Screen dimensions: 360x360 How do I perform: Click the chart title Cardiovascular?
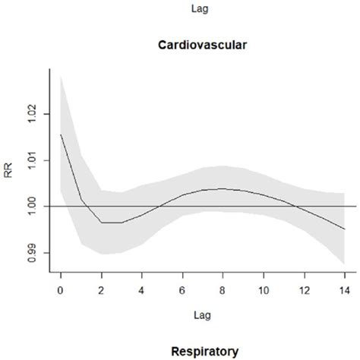203,45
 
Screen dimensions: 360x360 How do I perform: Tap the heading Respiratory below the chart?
205,352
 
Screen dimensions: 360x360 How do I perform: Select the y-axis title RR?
8,170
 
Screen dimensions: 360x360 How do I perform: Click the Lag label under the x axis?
202,316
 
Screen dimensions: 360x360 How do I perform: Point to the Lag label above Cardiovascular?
200,9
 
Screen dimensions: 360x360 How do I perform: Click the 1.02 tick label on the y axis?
32,114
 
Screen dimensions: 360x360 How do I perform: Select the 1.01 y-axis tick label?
32,160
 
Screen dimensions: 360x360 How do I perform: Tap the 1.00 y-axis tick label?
32,207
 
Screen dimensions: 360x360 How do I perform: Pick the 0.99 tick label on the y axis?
32,253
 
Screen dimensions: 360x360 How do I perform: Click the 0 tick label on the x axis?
60,290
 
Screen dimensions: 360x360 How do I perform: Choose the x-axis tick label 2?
101,290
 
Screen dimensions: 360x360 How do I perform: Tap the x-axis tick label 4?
141,290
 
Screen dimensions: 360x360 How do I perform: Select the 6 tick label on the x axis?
182,290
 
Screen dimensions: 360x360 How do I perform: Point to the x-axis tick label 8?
223,290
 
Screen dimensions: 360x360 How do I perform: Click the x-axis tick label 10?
264,290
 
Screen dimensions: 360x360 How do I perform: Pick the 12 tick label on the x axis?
305,290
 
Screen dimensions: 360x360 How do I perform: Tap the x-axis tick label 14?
345,290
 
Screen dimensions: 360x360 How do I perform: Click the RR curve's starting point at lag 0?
61,134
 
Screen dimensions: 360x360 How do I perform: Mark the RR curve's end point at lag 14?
345,229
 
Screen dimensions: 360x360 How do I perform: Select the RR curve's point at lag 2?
102,223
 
